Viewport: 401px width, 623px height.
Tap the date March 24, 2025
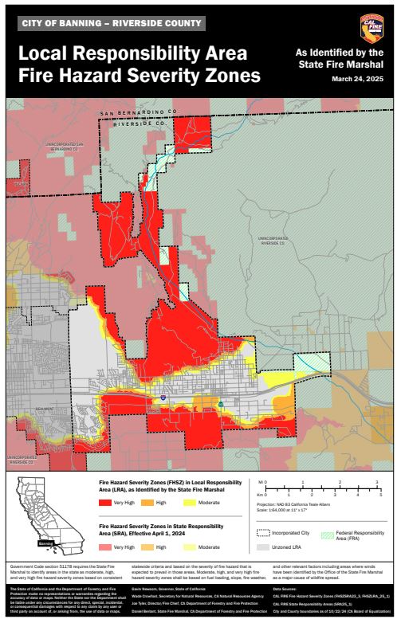(x=357, y=80)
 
